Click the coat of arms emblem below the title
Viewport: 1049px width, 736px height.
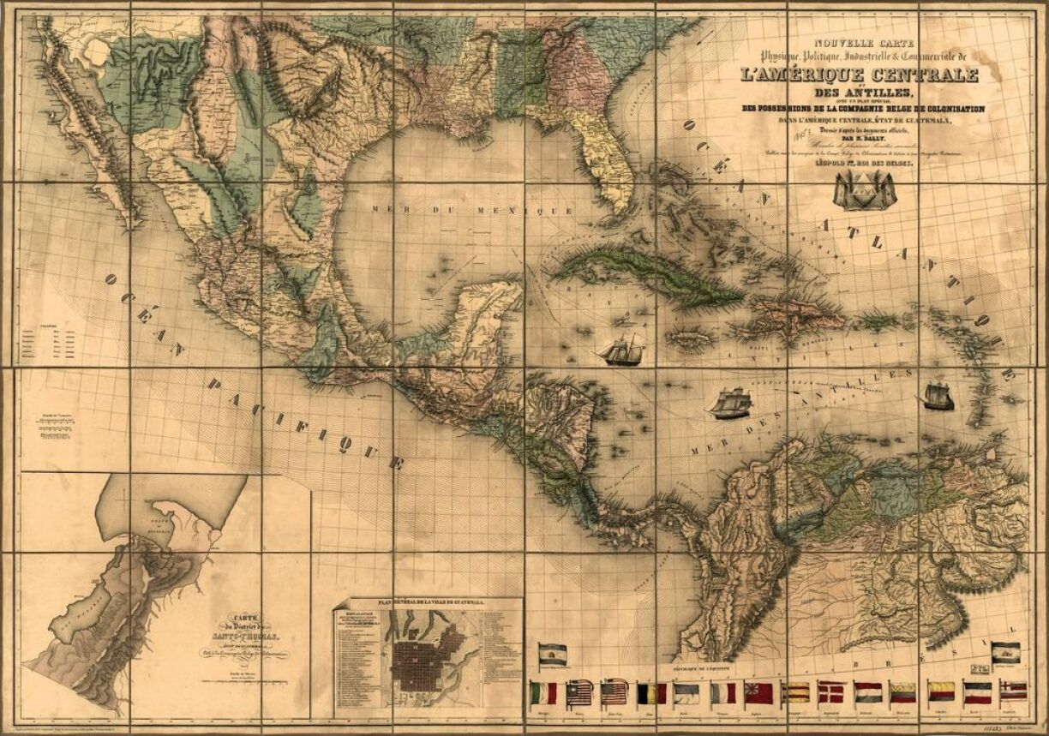coord(865,189)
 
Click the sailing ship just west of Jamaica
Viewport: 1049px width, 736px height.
coord(623,350)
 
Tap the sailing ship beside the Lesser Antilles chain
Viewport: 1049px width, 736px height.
coord(938,396)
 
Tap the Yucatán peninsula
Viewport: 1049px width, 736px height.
coord(484,317)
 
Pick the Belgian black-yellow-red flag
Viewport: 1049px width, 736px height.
coord(651,692)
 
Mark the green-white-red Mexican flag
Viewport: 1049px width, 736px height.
coord(542,692)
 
